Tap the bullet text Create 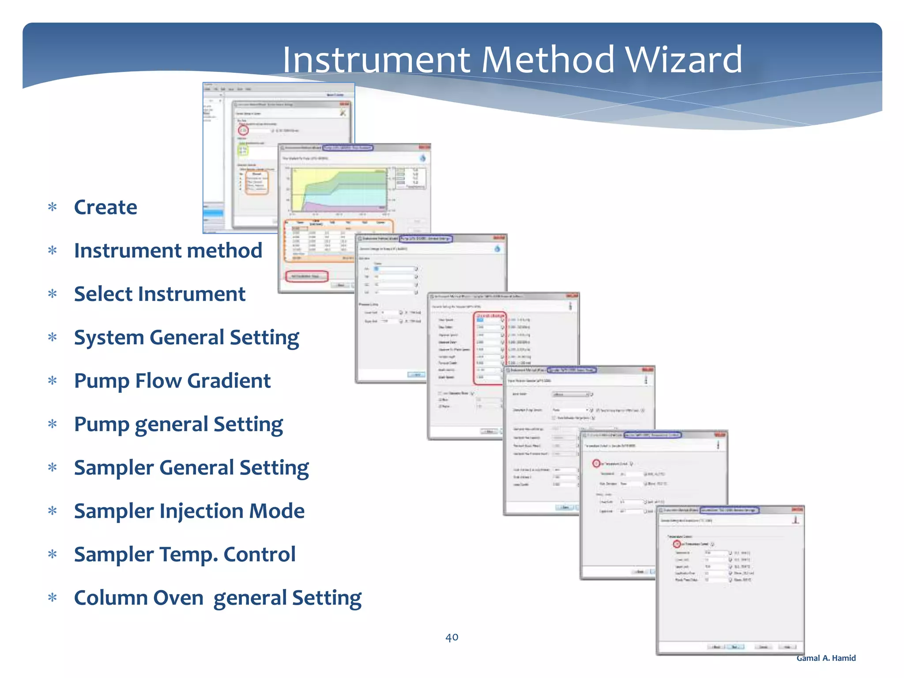[x=105, y=207]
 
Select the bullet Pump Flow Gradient [x=172, y=380]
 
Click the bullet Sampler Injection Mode [x=189, y=511]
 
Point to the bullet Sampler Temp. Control [x=185, y=554]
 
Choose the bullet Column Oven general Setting [x=218, y=598]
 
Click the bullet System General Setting [x=186, y=337]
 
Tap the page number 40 [x=452, y=637]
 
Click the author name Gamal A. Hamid [x=826, y=658]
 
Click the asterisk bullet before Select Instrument [x=53, y=294]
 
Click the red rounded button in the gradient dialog [x=307, y=276]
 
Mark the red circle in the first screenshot [x=243, y=130]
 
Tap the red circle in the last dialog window [x=677, y=544]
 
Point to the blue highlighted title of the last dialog [x=729, y=510]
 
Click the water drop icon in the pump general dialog [x=497, y=249]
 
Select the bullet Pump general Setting [x=178, y=424]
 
